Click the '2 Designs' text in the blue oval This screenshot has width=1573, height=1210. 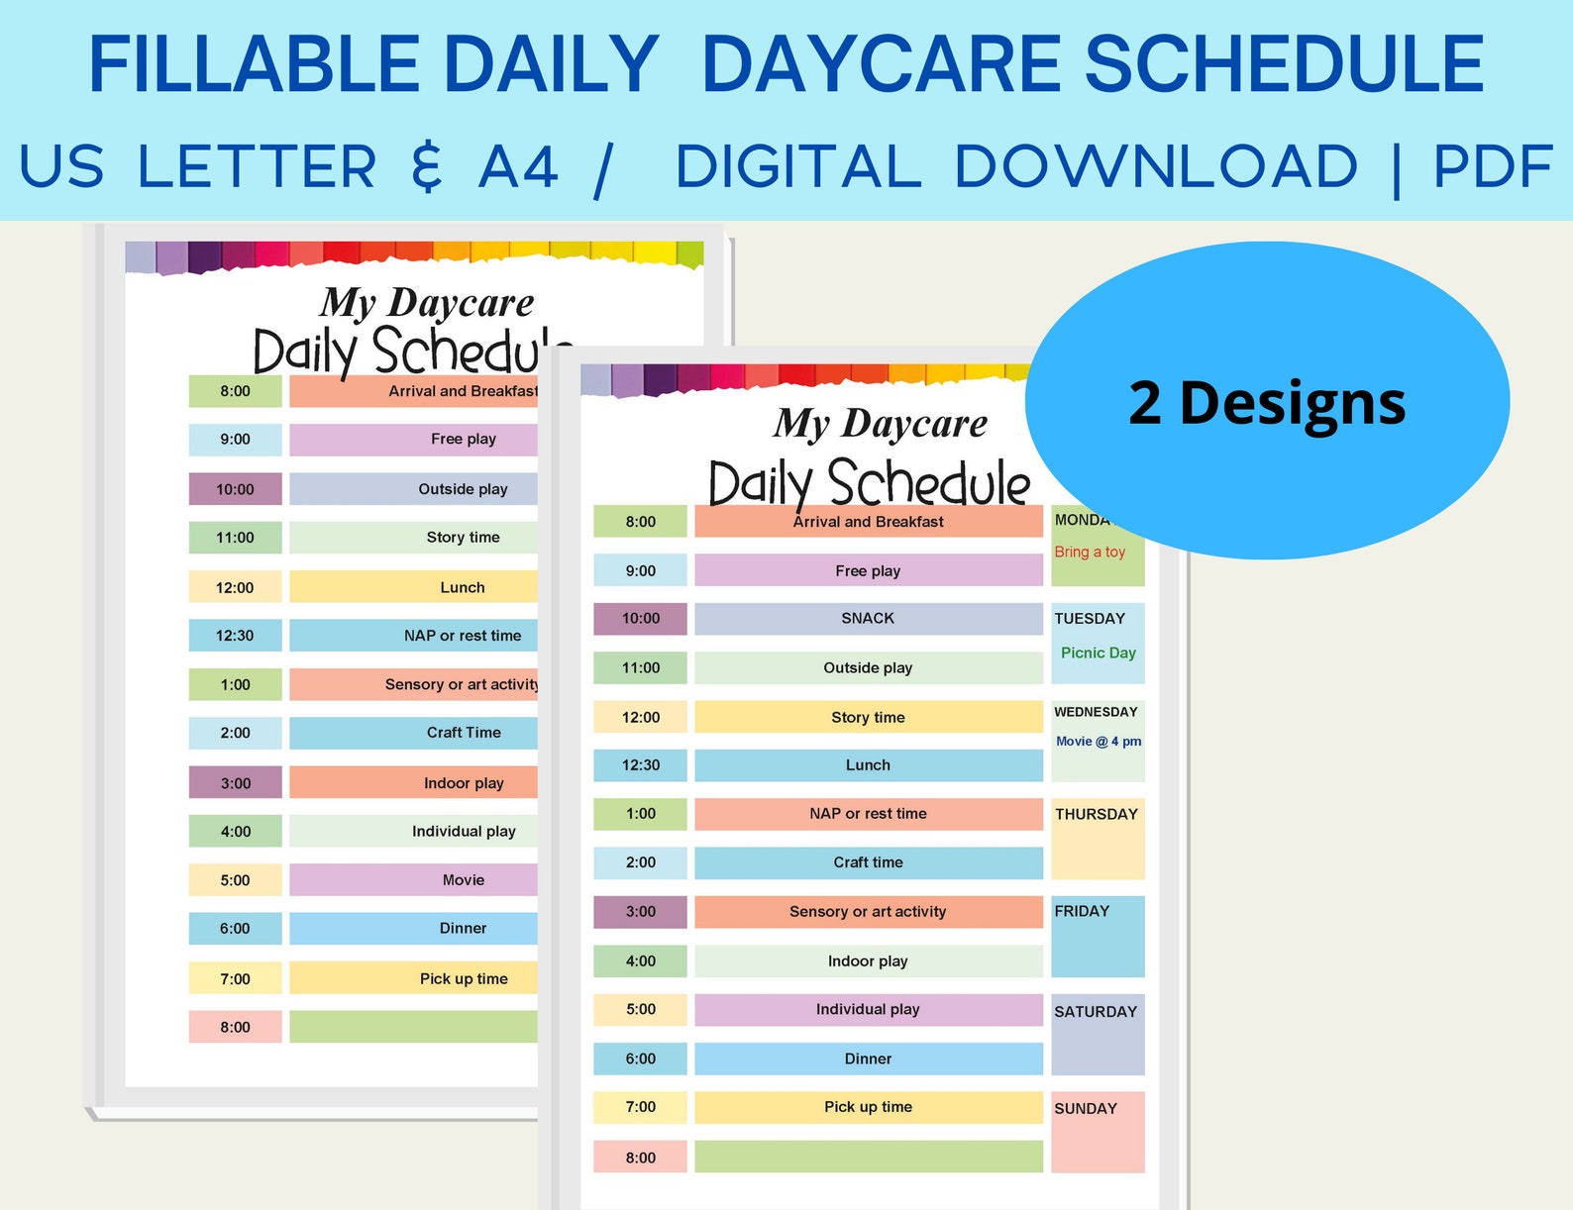click(1267, 403)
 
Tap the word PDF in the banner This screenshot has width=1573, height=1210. click(1493, 166)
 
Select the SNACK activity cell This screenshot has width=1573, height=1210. click(868, 619)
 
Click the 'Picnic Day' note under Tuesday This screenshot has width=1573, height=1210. click(1098, 654)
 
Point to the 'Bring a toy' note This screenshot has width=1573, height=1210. click(1090, 553)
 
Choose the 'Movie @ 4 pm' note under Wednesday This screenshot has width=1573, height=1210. click(1098, 742)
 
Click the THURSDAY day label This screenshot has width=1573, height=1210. click(1096, 815)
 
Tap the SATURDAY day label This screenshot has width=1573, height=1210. click(1095, 1012)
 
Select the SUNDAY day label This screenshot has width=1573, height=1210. click(1085, 1109)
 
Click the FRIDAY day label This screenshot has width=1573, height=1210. click(1081, 912)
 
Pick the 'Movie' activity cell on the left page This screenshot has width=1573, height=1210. click(463, 880)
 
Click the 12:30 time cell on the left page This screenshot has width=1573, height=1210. click(235, 636)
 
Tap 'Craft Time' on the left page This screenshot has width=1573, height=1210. click(463, 733)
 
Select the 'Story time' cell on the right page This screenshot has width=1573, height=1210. click(868, 718)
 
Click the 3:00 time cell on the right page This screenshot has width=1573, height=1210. click(640, 912)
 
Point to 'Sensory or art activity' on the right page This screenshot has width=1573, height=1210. click(868, 912)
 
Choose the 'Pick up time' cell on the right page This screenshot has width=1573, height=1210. click(868, 1107)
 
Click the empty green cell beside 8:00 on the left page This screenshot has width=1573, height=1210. click(413, 1027)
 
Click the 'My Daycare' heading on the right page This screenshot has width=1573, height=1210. click(880, 424)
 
